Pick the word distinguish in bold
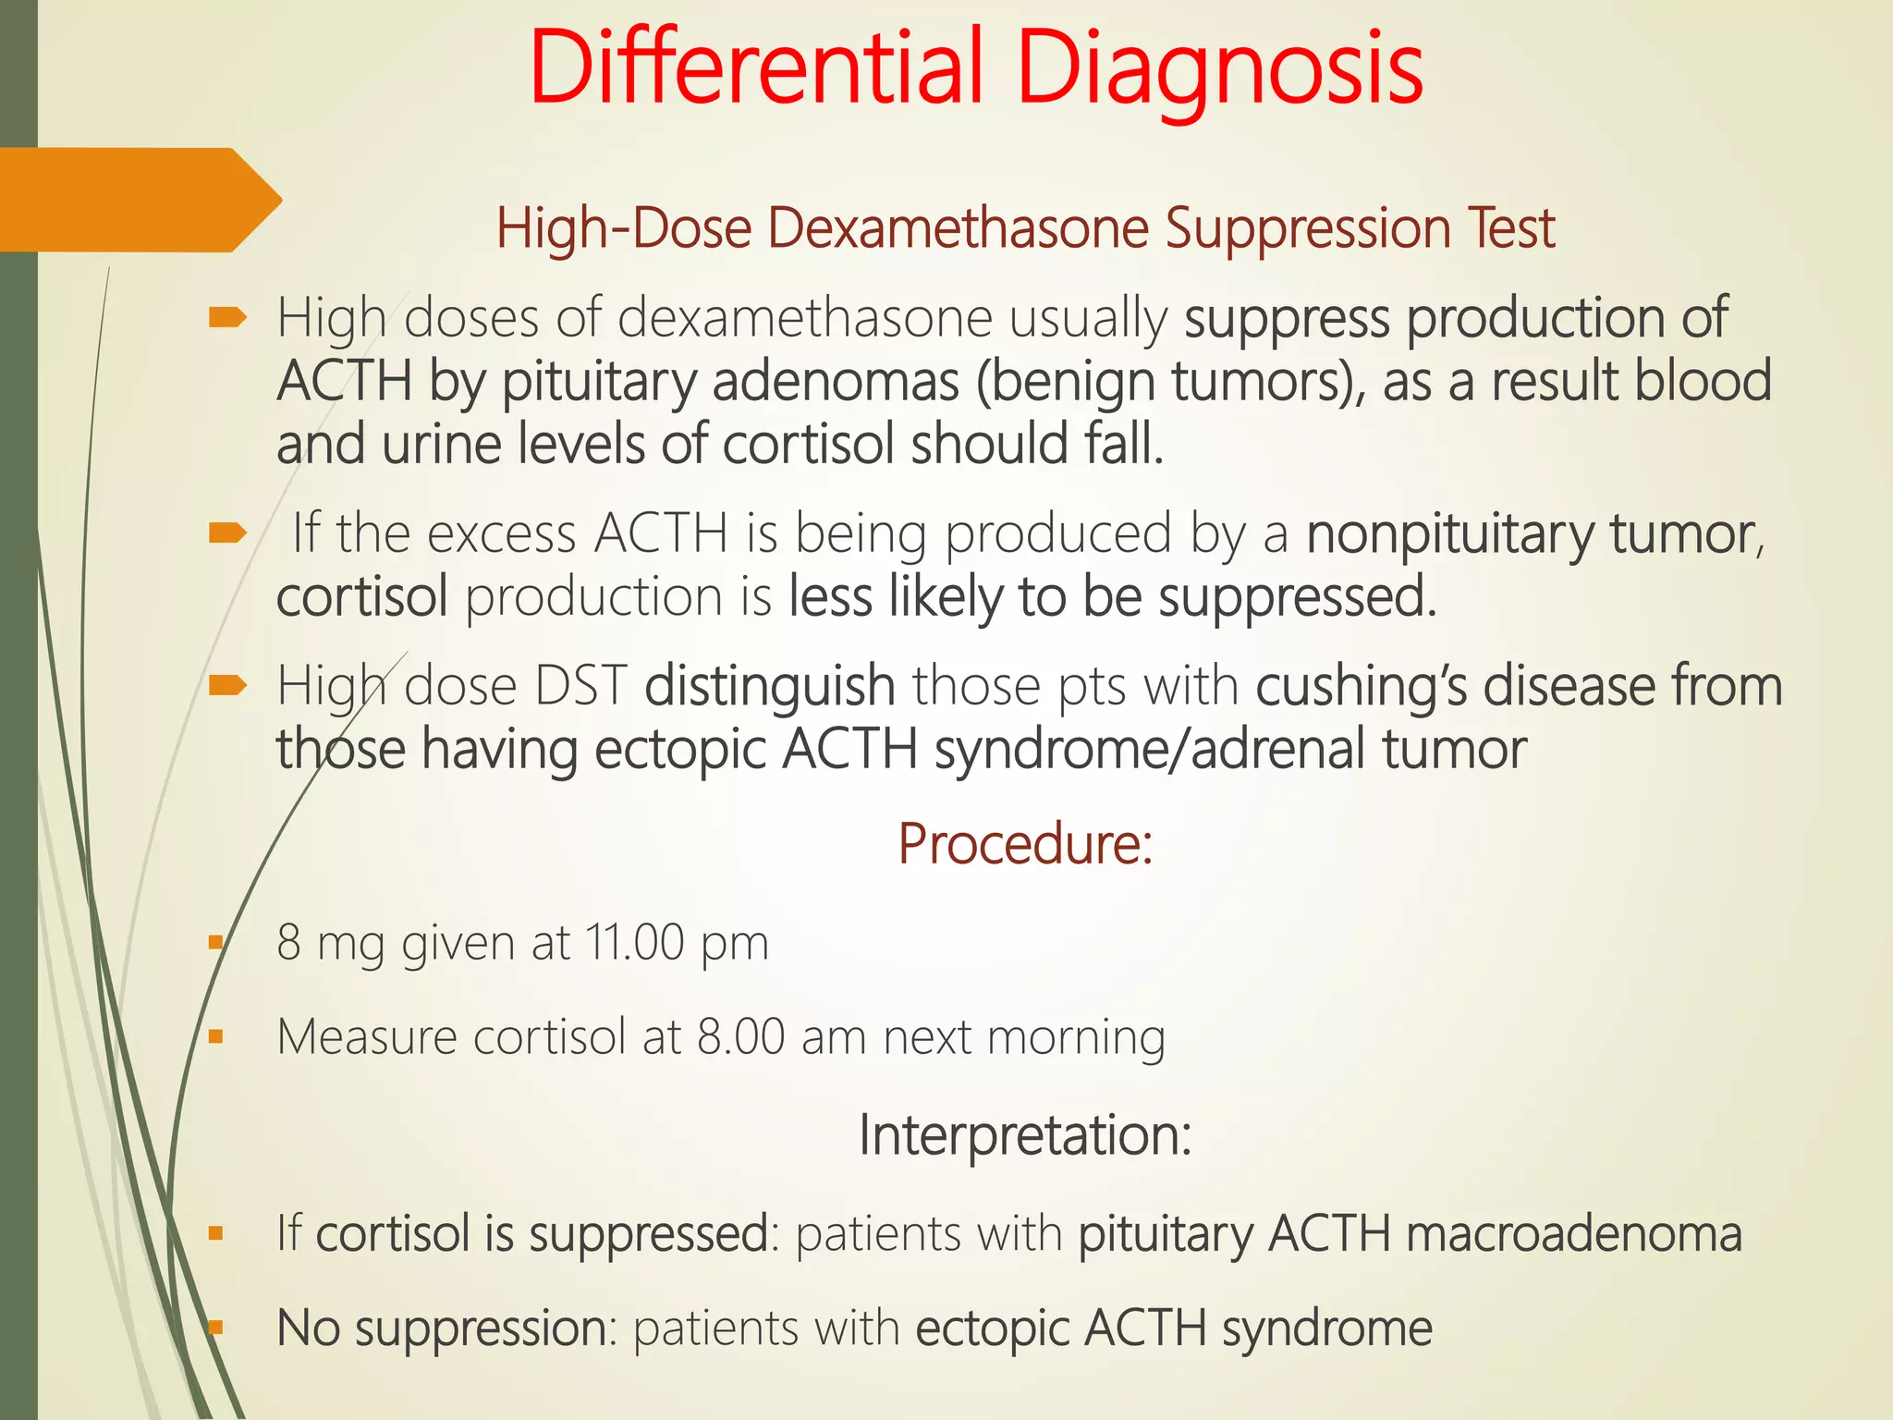[769, 687]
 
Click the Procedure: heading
[1025, 843]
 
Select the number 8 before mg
[288, 943]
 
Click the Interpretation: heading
[1025, 1134]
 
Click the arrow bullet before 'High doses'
[227, 319]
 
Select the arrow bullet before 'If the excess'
[227, 532]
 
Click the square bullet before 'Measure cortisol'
[216, 1037]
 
